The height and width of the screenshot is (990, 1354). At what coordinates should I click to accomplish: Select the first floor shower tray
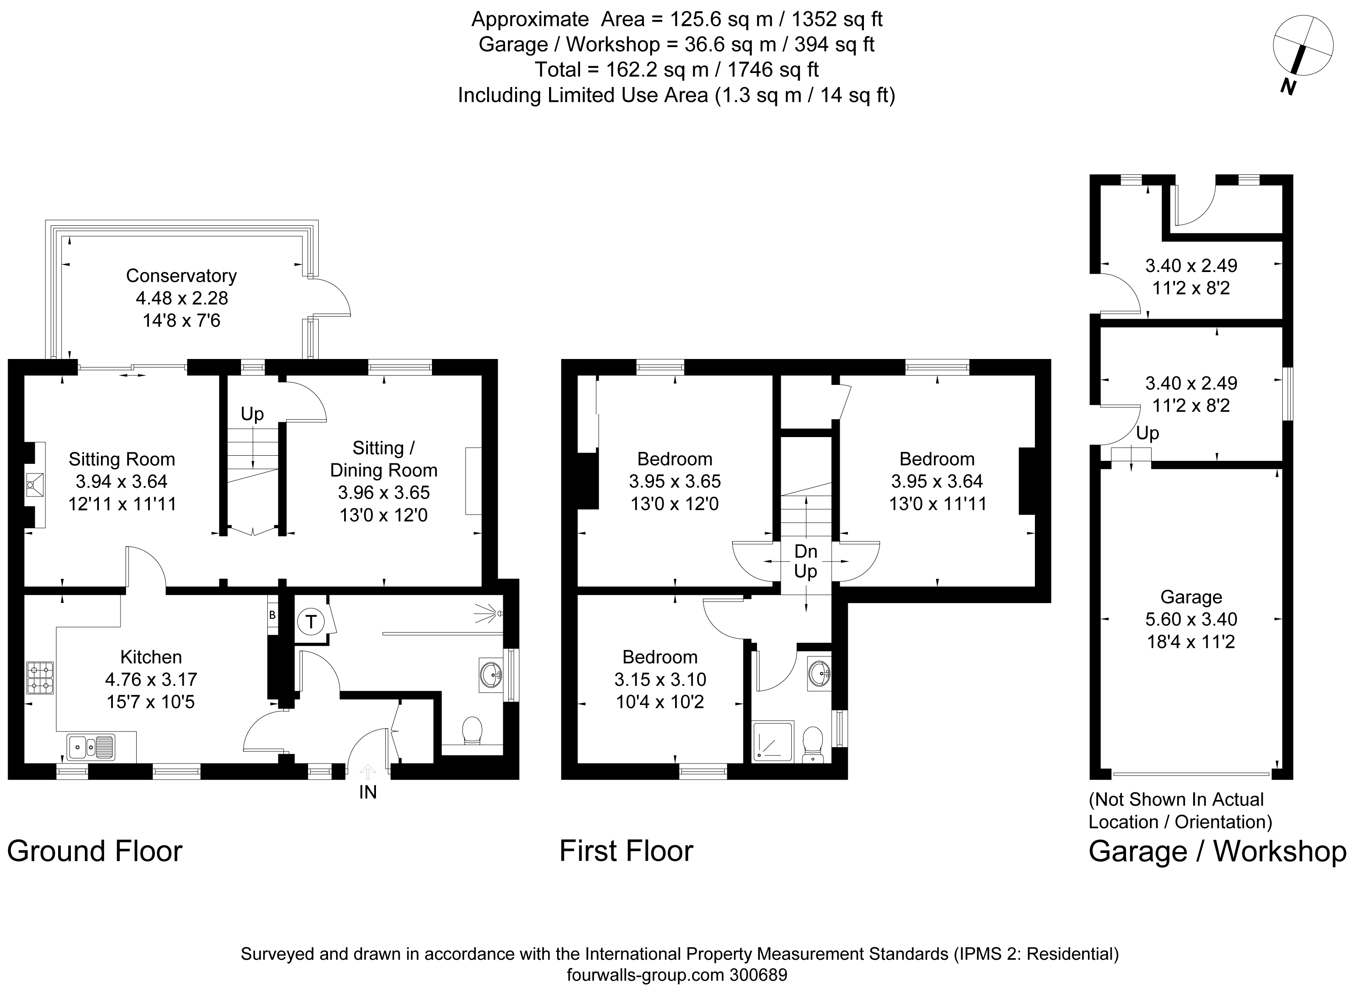(773, 742)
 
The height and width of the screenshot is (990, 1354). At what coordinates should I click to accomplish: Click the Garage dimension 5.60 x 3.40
(1191, 619)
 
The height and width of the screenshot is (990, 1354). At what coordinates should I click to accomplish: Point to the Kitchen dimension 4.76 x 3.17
(151, 679)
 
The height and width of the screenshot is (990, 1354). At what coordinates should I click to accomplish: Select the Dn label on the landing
(805, 551)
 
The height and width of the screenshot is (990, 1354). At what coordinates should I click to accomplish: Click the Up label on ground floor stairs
(252, 414)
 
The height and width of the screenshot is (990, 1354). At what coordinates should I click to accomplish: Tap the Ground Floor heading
(95, 851)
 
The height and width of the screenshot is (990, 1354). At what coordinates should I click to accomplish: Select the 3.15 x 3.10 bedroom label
(660, 679)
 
